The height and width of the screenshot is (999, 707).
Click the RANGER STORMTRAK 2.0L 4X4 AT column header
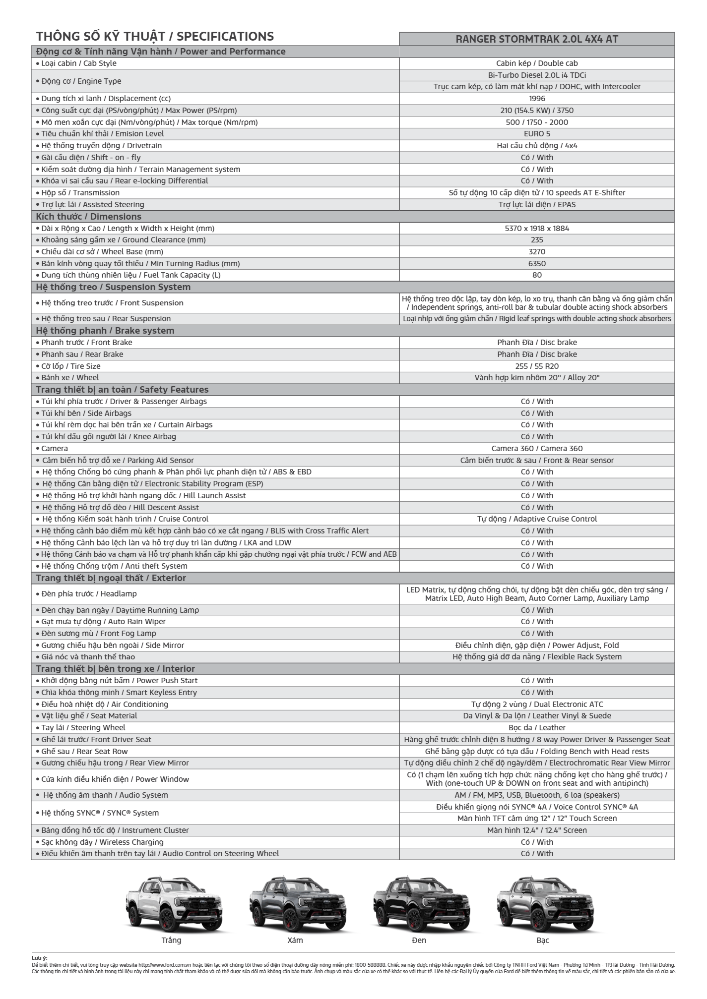point(537,39)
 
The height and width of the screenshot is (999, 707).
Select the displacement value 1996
point(537,99)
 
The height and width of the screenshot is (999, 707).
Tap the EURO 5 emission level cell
point(537,134)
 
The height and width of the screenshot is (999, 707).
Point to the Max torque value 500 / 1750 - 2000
point(537,122)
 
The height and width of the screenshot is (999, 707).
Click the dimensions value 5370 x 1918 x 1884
point(537,229)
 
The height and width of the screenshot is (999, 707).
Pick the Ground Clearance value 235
point(537,240)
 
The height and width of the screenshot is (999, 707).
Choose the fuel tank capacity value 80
point(537,275)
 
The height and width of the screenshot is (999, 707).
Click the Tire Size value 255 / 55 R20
point(537,366)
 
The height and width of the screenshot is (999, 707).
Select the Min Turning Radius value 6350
point(537,264)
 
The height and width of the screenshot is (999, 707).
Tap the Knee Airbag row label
point(109,437)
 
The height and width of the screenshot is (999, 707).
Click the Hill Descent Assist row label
point(121,508)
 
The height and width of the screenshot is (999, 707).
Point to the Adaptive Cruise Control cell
point(537,519)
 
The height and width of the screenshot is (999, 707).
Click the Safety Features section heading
point(122,390)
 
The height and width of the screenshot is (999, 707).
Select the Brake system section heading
point(105,331)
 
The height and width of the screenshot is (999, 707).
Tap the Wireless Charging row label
point(102,842)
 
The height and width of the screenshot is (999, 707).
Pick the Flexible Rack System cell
point(537,657)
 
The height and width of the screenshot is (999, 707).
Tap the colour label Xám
point(295,940)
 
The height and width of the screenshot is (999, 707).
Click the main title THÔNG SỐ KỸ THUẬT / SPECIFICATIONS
point(155,36)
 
